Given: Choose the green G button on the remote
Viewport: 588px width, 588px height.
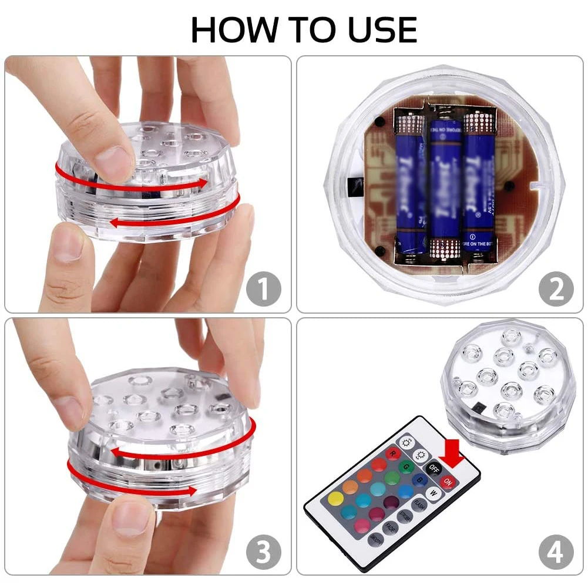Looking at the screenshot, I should pyautogui.click(x=405, y=466).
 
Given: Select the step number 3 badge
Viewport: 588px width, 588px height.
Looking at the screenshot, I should pyautogui.click(x=263, y=552).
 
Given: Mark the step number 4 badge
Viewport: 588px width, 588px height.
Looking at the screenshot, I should pyautogui.click(x=556, y=552).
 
